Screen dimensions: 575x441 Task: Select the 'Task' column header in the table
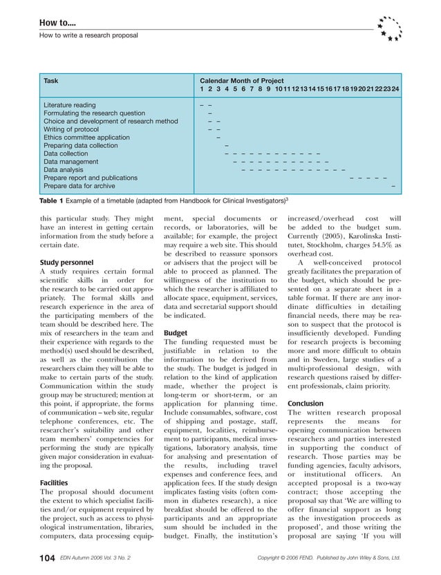(51, 81)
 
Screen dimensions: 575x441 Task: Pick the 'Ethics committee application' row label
(86, 138)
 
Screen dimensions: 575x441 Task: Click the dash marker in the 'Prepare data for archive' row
(393, 186)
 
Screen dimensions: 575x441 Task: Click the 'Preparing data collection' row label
(81, 146)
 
